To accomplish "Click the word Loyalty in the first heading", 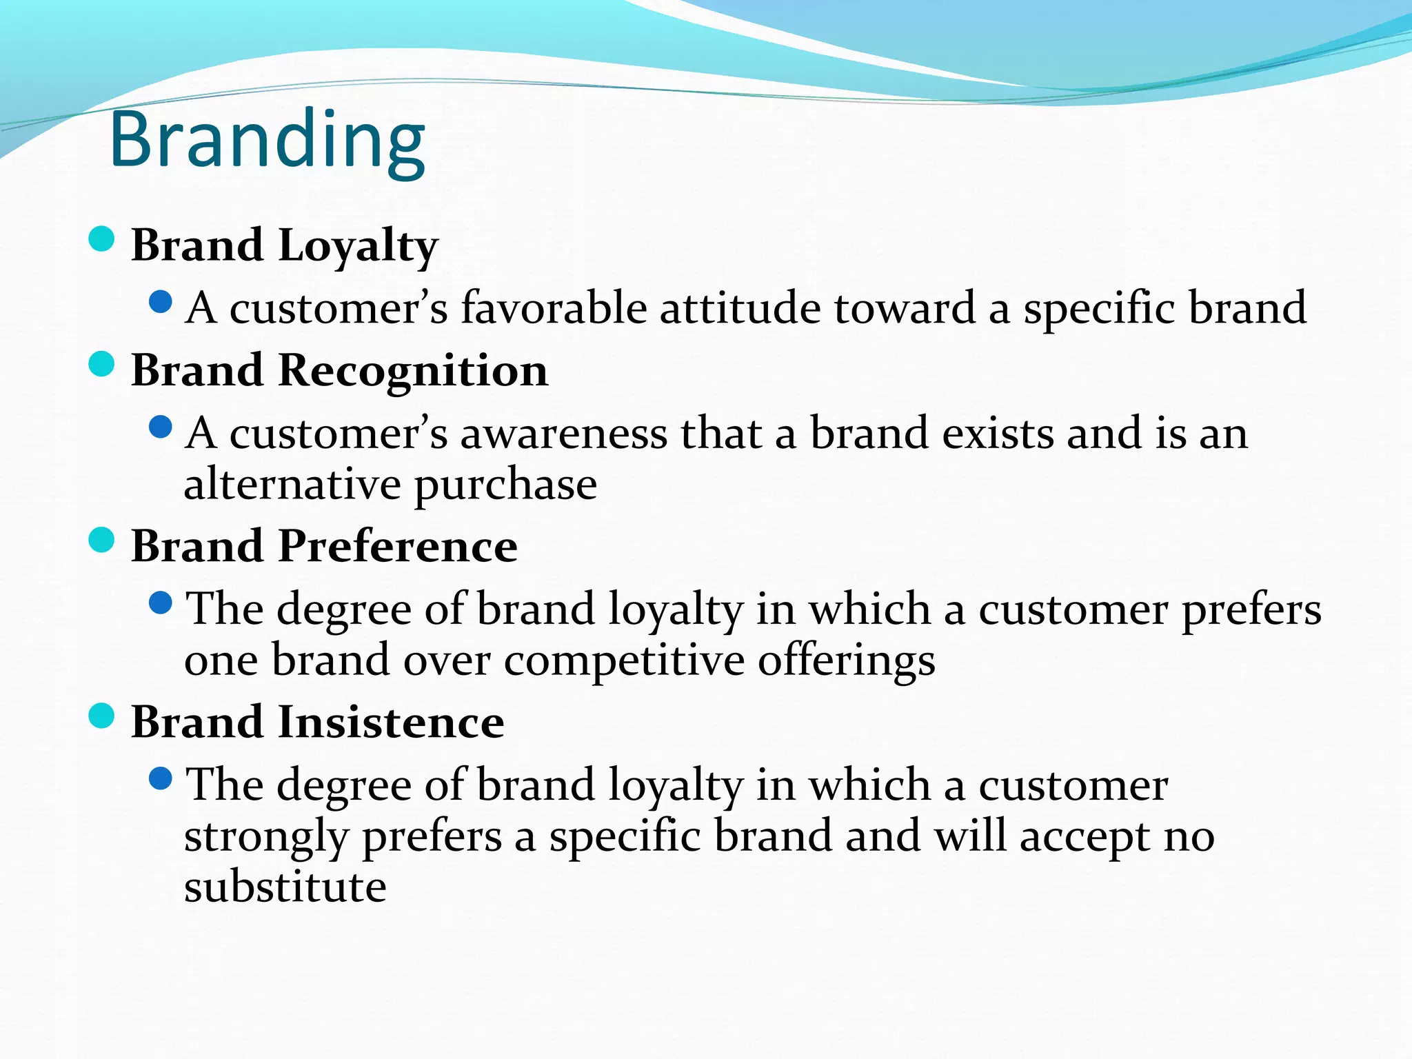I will click(358, 246).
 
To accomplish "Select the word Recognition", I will click(413, 371).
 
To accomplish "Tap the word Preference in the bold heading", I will click(398, 547).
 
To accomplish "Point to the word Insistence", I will click(391, 723).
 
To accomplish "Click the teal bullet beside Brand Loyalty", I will click(101, 239).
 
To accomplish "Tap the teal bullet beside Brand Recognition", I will click(101, 364).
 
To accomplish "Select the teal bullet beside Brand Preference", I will click(101, 540).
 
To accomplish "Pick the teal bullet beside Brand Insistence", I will click(101, 716).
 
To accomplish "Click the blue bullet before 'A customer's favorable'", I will click(160, 302).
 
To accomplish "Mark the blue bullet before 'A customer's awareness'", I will click(160, 427).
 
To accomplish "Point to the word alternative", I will click(292, 484).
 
